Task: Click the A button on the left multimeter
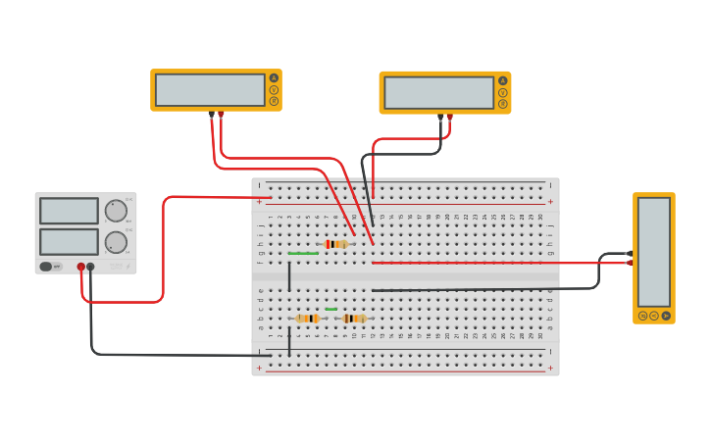[x=274, y=78]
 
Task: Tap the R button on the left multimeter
[x=274, y=101]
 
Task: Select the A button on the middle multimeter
[x=503, y=81]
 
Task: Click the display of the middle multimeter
[x=438, y=93]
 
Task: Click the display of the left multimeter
[x=210, y=90]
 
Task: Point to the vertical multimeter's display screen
[x=654, y=252]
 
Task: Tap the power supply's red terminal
[x=81, y=267]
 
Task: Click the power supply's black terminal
[x=91, y=267]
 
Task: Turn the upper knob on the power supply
[x=116, y=211]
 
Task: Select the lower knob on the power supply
[x=116, y=242]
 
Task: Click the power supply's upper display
[x=69, y=211]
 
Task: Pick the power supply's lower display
[x=69, y=242]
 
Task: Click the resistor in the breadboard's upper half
[x=335, y=244]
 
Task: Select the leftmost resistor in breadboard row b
[x=307, y=319]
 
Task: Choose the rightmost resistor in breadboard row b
[x=354, y=319]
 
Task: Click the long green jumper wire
[x=302, y=254]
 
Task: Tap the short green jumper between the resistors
[x=330, y=310]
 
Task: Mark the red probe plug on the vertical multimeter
[x=630, y=263]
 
